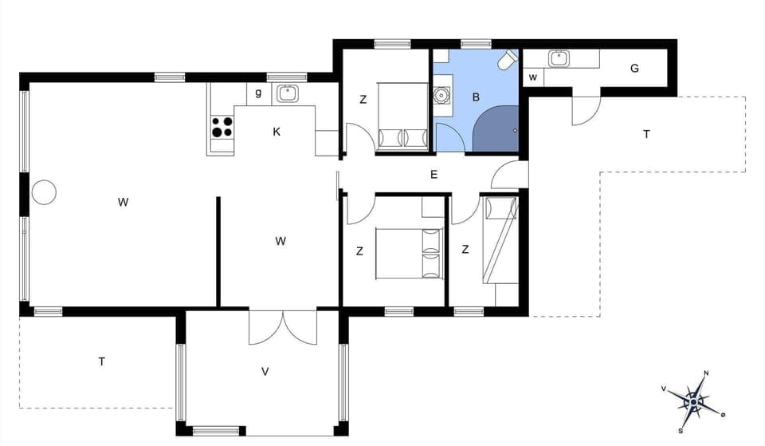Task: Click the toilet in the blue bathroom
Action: [507, 61]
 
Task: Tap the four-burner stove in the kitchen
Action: [222, 126]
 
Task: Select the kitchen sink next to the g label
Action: [286, 93]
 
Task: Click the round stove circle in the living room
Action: [44, 191]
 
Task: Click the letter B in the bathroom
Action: [476, 97]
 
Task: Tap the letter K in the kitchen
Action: [277, 132]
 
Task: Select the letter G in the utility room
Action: [634, 69]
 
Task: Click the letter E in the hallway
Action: [434, 175]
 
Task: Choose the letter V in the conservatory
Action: [265, 371]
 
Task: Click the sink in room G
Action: [558, 58]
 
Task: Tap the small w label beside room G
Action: [532, 77]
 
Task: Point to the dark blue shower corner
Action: [497, 128]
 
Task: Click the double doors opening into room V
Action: [282, 327]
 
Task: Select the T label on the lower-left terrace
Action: [102, 361]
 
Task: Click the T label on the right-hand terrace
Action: [646, 134]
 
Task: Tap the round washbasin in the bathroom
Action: [441, 94]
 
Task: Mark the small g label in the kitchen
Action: [258, 93]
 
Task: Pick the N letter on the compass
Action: [706, 373]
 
